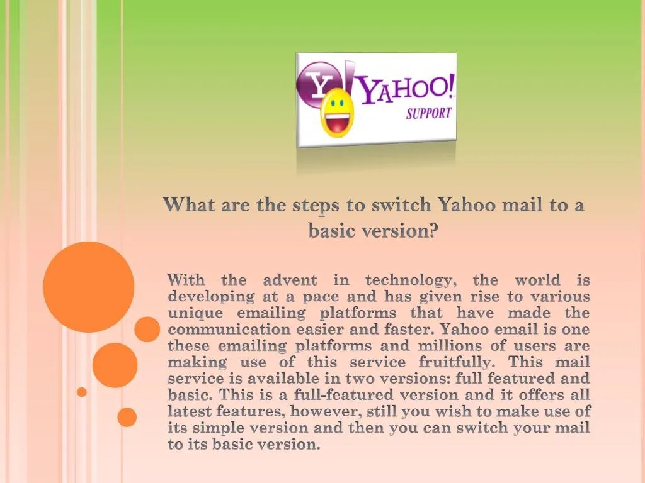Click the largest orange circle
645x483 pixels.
coord(89,287)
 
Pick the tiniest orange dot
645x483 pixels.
coord(82,392)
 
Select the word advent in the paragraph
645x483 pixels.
coord(290,280)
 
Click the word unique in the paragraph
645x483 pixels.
coord(195,313)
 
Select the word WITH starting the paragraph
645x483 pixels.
coord(186,280)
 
